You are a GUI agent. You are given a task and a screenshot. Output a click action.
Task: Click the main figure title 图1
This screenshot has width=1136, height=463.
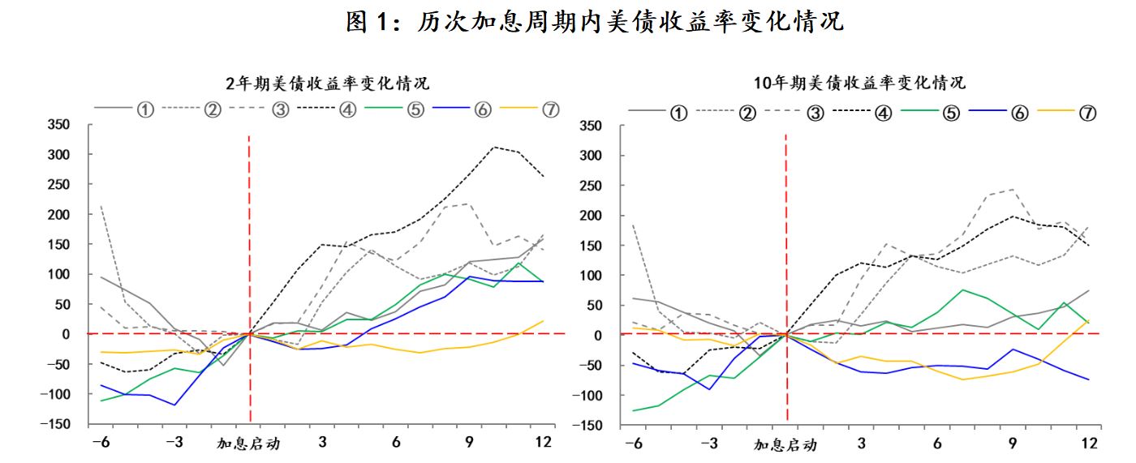[595, 22]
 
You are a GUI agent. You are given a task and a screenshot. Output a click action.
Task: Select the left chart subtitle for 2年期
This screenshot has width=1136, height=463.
[327, 83]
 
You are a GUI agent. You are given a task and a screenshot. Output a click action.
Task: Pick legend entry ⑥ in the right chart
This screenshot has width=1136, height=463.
[1018, 113]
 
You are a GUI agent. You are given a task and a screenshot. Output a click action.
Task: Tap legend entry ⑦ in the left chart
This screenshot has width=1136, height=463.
[550, 110]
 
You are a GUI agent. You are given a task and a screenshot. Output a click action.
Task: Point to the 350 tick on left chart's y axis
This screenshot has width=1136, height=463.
[59, 124]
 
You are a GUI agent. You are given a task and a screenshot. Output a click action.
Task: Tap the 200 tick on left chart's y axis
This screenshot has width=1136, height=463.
[59, 214]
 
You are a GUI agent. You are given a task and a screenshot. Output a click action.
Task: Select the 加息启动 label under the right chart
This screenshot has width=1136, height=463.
[785, 444]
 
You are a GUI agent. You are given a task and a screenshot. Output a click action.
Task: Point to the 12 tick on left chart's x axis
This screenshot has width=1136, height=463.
[544, 442]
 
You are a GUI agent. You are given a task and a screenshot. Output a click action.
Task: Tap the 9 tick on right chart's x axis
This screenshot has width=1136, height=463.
[1012, 444]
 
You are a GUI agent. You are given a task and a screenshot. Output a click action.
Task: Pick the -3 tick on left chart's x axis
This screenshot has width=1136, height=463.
[174, 442]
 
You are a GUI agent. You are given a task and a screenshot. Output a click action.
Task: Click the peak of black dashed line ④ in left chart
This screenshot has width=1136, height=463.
[494, 147]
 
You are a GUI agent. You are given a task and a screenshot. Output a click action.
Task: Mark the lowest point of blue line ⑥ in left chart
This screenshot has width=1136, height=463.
[174, 405]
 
